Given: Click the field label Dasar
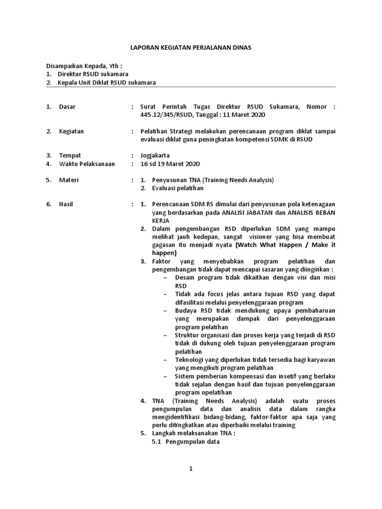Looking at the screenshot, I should point(67,107).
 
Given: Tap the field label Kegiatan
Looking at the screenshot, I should point(71,132).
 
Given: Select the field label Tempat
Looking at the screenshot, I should point(70,156).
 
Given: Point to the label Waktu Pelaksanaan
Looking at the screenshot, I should point(87,164).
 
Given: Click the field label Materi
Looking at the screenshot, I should point(69,180).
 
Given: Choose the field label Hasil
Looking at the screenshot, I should point(66,204).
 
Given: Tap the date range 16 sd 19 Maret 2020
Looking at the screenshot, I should point(171,164).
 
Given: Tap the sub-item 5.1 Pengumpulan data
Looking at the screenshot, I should point(186,441).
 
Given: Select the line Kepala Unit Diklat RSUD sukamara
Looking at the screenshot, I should point(107,83).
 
